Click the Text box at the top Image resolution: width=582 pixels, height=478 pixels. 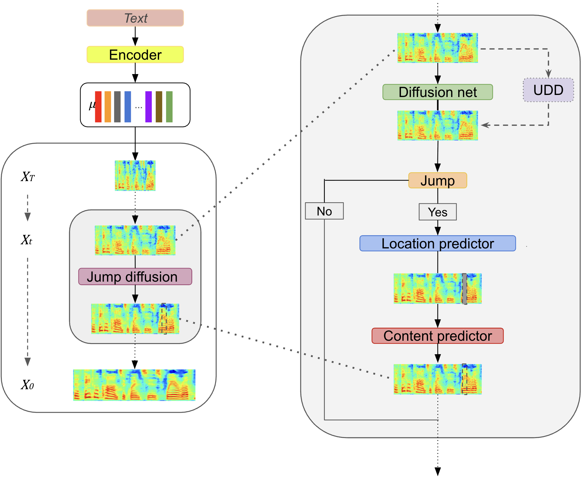coord(135,18)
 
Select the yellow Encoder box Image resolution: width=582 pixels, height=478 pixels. coord(135,55)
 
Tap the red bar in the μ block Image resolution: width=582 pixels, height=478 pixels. coord(98,107)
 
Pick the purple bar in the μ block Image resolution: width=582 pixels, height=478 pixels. coord(148,107)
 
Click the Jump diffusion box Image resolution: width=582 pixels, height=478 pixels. coord(135,277)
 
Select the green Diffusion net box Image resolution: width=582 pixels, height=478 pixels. coord(437,92)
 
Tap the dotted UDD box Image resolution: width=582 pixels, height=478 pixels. coord(548,90)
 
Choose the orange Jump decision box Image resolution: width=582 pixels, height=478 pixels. coord(437,180)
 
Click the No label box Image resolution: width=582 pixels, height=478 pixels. coord(324,211)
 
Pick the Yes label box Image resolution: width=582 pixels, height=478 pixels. coord(437,212)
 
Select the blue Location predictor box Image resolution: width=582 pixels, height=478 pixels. coord(437,243)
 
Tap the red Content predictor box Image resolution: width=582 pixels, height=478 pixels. coord(437,336)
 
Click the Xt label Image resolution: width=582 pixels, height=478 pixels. coord(26,240)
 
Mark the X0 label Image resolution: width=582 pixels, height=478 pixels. coord(27,385)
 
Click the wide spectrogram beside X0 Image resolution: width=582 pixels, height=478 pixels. coord(134,385)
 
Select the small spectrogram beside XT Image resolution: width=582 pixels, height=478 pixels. coord(135,176)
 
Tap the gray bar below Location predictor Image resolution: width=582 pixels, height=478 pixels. coord(464,289)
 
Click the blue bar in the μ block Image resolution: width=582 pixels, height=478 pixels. coord(128,107)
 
